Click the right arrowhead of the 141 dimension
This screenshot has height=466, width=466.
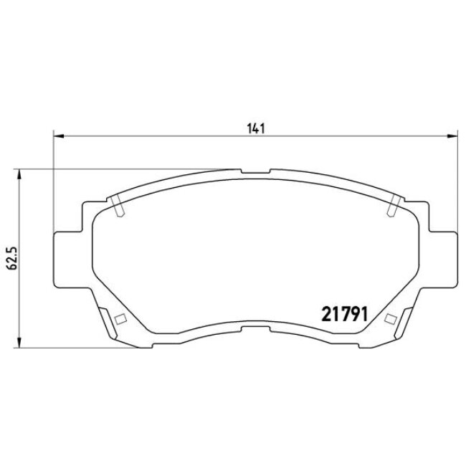[452, 135]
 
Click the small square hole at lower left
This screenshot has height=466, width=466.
[120, 319]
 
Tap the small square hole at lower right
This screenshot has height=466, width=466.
[391, 319]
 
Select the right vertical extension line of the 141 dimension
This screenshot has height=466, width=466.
[457, 179]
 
